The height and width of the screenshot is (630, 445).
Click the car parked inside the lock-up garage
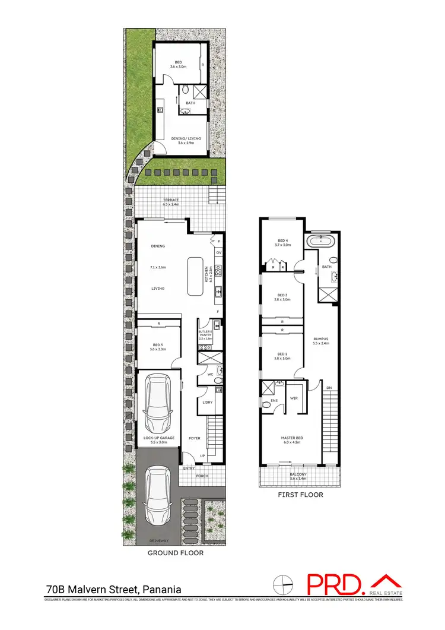click(x=158, y=404)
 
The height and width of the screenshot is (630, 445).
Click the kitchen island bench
click(x=195, y=276)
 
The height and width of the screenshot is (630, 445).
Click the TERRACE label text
click(x=171, y=200)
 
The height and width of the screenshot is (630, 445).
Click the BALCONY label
click(x=298, y=474)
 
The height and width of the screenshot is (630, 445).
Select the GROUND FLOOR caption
click(x=176, y=553)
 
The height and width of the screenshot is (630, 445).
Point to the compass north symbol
click(x=284, y=584)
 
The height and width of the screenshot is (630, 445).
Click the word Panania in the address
click(x=160, y=590)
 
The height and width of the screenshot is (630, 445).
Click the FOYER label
click(x=194, y=438)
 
